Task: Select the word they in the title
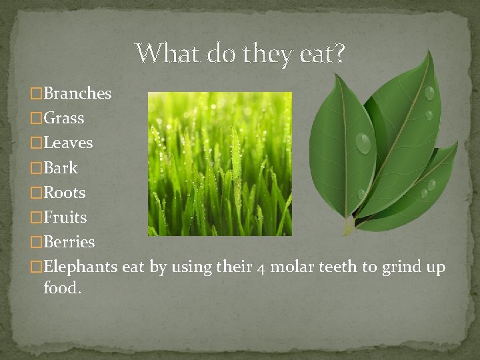(269, 53)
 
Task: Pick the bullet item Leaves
(67, 143)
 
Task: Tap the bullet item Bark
(60, 168)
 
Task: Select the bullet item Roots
(64, 193)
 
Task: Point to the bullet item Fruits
(65, 217)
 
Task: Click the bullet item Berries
(69, 242)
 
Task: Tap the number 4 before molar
(261, 267)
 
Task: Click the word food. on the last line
(62, 289)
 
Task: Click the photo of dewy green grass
(219, 164)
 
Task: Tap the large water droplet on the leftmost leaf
(363, 142)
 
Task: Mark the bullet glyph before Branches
(37, 94)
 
